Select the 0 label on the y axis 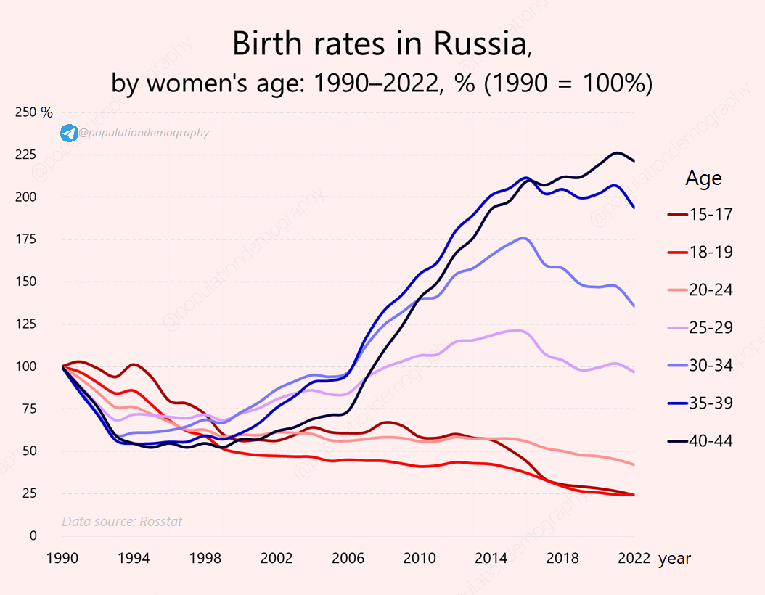coord(33,536)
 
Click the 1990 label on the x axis coord(63,559)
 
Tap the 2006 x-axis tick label coord(349,559)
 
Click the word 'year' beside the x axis coord(674,559)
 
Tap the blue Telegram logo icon coord(69,133)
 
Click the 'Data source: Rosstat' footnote coord(122,521)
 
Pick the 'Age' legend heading coord(703,178)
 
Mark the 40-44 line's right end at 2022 coord(634,161)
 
